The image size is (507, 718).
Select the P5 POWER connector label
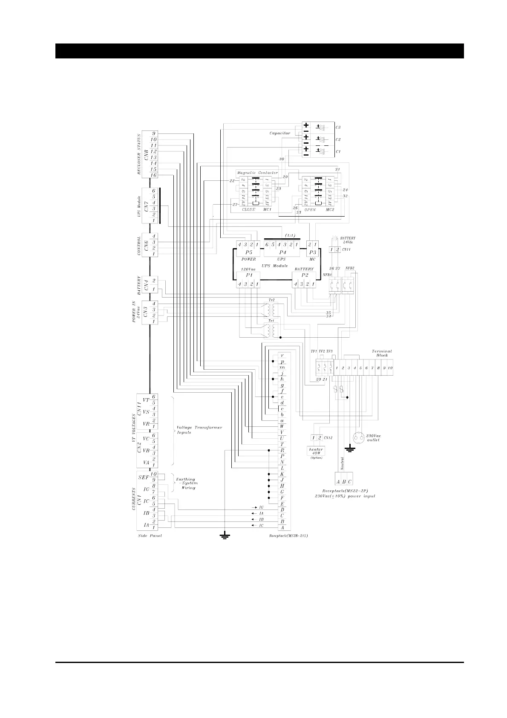click(248, 252)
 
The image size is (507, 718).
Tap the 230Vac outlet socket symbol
click(359, 437)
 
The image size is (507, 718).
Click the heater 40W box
click(316, 451)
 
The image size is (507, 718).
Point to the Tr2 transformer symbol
click(269, 308)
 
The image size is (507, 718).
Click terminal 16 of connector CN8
click(153, 175)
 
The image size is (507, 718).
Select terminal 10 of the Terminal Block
click(390, 368)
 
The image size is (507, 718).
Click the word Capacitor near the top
click(279, 133)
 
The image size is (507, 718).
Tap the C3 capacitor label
click(338, 127)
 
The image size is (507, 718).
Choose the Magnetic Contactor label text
click(257, 173)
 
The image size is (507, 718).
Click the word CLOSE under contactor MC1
click(248, 210)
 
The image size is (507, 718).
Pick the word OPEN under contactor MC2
click(310, 210)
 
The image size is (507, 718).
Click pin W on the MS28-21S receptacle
click(282, 426)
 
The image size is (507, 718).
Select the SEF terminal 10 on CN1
click(153, 474)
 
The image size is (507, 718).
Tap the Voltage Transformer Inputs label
click(199, 430)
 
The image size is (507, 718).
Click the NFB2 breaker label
click(350, 268)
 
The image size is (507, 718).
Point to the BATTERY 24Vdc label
click(348, 240)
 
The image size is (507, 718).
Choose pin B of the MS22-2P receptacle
click(344, 482)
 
